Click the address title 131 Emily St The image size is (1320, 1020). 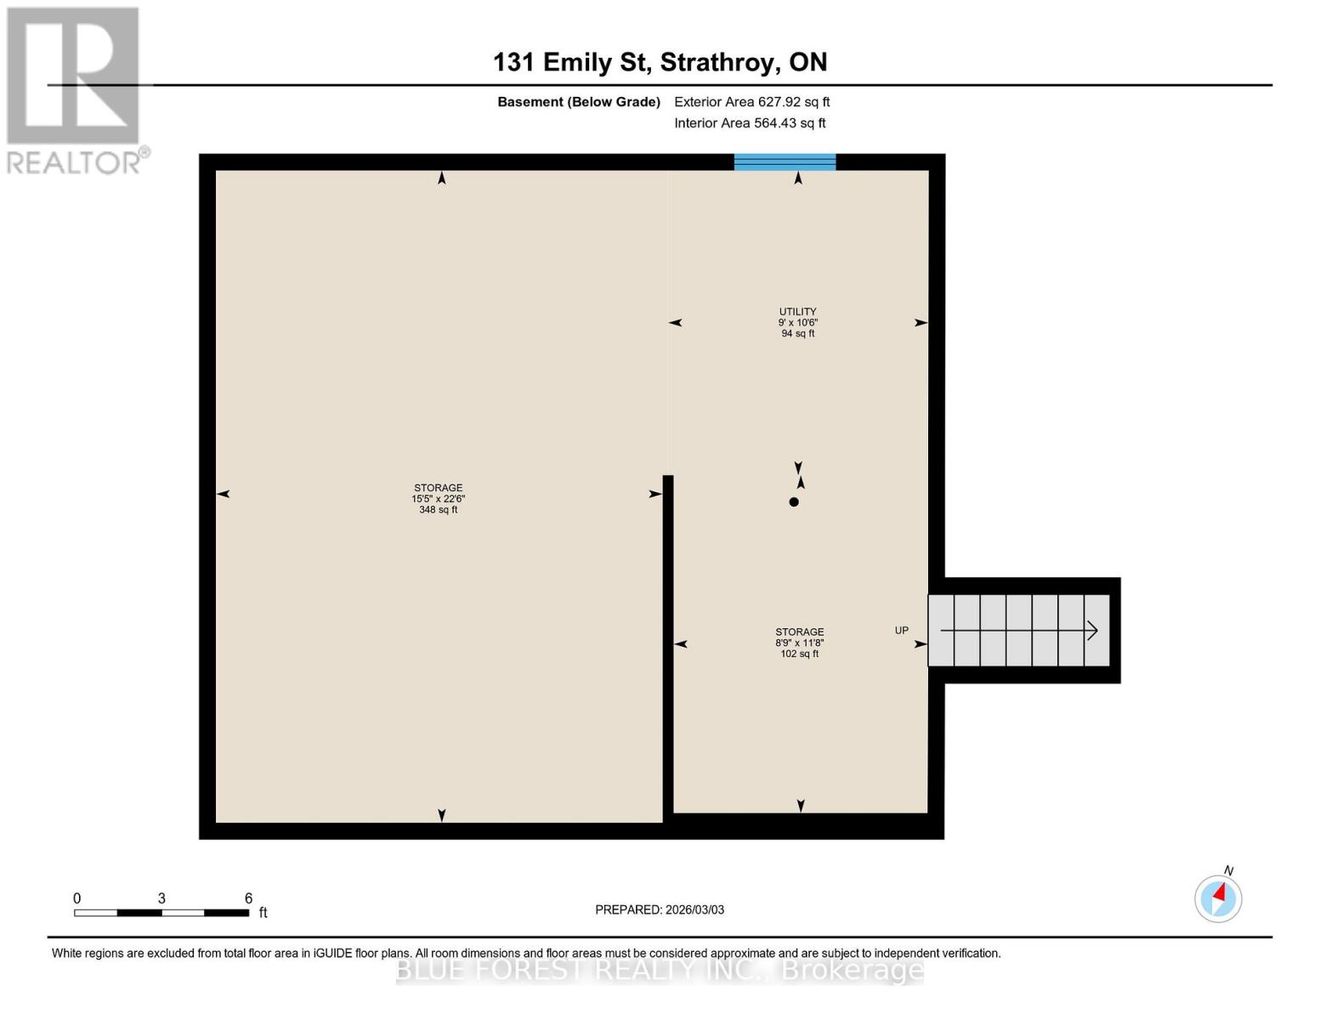tap(660, 62)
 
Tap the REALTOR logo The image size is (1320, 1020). tap(74, 90)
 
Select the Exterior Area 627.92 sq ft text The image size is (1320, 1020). tap(751, 102)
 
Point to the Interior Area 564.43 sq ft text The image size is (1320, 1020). tap(750, 123)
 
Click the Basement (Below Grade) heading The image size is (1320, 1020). tap(578, 102)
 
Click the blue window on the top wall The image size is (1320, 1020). tap(785, 161)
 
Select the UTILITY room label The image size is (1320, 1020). tap(797, 312)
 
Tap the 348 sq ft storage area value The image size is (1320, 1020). tap(438, 510)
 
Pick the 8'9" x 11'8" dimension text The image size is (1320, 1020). tap(799, 643)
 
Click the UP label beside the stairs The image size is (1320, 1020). tap(901, 631)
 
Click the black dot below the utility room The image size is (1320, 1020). tap(794, 502)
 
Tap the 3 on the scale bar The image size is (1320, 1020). tap(161, 898)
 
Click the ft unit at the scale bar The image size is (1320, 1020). tap(263, 913)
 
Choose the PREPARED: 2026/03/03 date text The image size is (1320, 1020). tap(660, 909)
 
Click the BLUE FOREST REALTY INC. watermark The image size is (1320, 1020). tap(660, 970)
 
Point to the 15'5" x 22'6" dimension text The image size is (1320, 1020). tap(438, 499)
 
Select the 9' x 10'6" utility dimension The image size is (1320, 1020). tap(797, 323)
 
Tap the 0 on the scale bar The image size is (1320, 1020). tap(77, 898)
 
